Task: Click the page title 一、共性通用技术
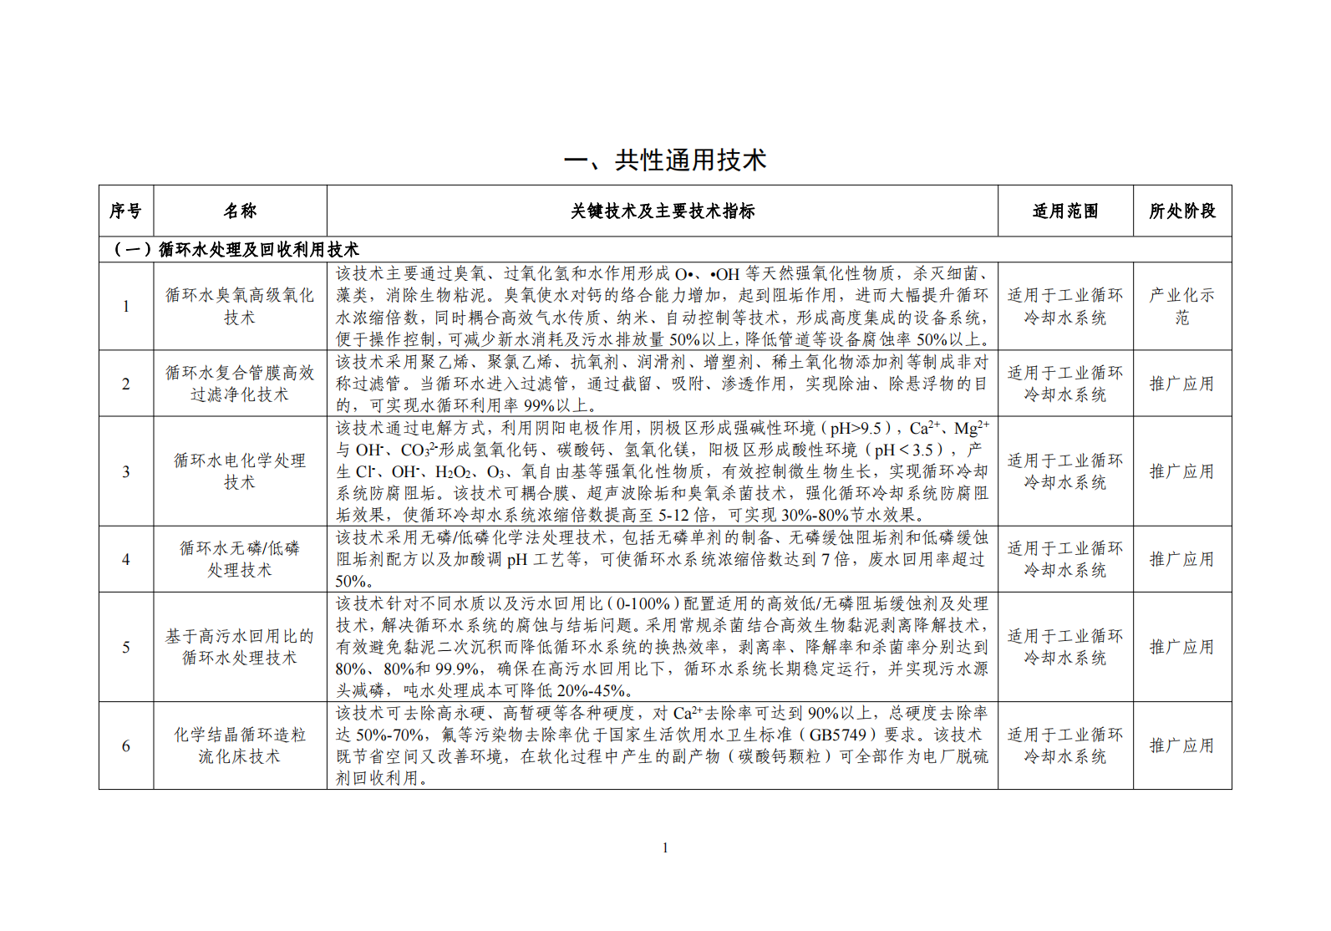coord(665,160)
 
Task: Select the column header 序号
coord(125,211)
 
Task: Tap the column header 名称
coord(240,211)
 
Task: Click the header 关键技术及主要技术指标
coord(663,211)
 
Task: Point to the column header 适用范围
coord(1065,211)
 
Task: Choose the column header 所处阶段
coord(1182,211)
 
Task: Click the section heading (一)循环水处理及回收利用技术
coord(236,249)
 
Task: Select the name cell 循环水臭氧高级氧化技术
coord(240,306)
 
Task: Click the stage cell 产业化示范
coord(1182,306)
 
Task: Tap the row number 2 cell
coord(126,384)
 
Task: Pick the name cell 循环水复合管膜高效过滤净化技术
coord(240,384)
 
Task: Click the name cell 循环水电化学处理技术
coord(240,471)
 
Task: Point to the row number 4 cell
coord(126,559)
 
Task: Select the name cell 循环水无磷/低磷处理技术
coord(240,559)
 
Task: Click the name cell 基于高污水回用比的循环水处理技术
coord(240,647)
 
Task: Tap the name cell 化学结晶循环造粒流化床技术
coord(240,745)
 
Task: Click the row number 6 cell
coord(126,745)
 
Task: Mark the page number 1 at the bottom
coord(665,847)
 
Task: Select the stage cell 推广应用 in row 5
coord(1182,647)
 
